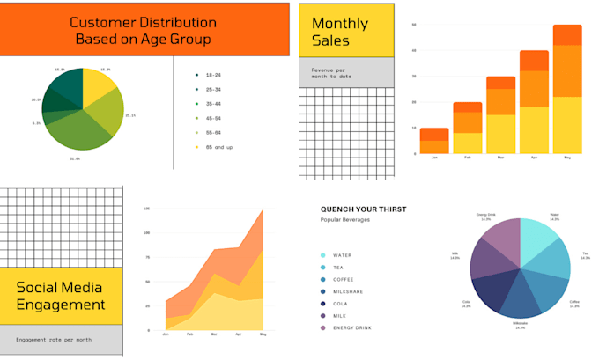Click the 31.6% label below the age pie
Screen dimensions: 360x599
75,158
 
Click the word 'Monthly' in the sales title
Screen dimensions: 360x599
340,24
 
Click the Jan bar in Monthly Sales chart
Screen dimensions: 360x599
434,141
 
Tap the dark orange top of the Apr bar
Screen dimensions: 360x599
534,60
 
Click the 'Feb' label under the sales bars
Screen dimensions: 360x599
467,158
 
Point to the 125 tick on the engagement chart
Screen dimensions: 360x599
146,209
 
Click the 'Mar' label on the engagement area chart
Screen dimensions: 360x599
214,334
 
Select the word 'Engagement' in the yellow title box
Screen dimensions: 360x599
60,305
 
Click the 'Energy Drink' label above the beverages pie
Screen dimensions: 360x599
485,215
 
